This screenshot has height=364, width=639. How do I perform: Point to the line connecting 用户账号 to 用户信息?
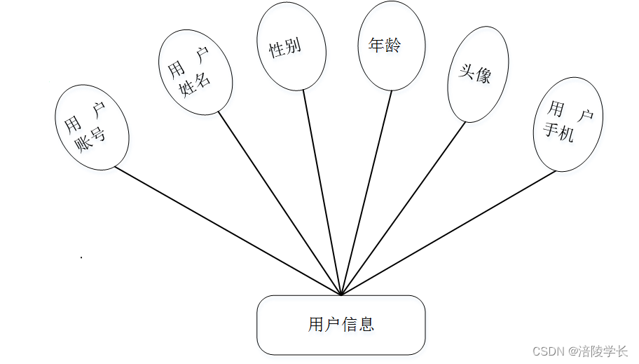[x=228, y=231]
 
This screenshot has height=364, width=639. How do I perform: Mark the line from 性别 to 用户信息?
[x=322, y=193]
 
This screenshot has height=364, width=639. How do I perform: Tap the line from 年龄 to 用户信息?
[x=366, y=193]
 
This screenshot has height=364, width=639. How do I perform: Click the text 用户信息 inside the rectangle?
[x=341, y=324]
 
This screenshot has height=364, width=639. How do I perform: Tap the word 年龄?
[x=385, y=46]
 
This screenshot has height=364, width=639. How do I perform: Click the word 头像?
[x=474, y=73]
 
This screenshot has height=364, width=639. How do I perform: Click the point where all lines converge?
[x=341, y=295]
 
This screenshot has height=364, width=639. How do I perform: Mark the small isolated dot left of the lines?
[x=81, y=257]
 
